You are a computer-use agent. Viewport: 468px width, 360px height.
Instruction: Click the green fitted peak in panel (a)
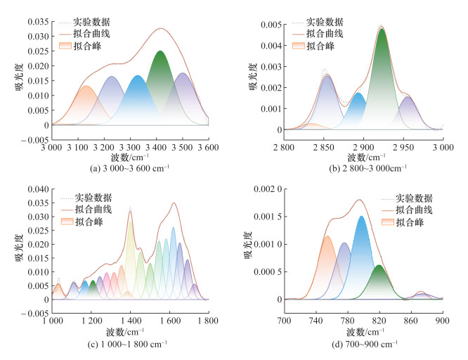click(160, 88)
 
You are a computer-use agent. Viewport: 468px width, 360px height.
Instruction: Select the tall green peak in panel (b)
click(382, 77)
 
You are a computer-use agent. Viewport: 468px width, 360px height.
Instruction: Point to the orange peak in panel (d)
click(327, 267)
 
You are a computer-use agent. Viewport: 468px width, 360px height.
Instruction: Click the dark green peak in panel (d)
click(379, 281)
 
